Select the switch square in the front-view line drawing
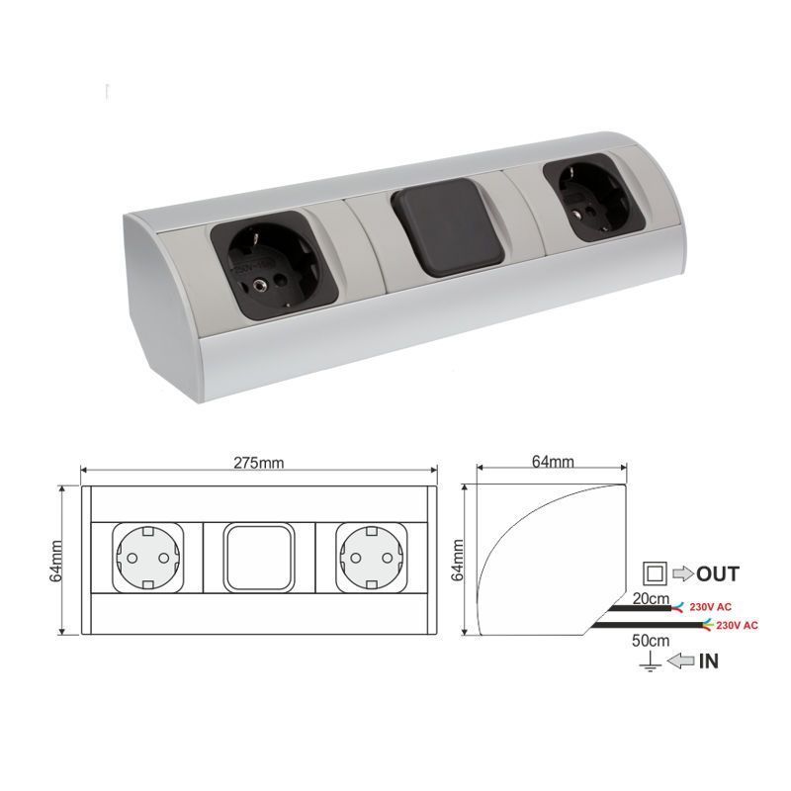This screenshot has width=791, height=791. point(258,557)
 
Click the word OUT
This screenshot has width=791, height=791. point(718,573)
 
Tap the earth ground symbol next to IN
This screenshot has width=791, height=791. point(652,663)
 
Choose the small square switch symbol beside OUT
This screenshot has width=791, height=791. point(654,572)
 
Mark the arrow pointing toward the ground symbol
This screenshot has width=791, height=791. point(682,663)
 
